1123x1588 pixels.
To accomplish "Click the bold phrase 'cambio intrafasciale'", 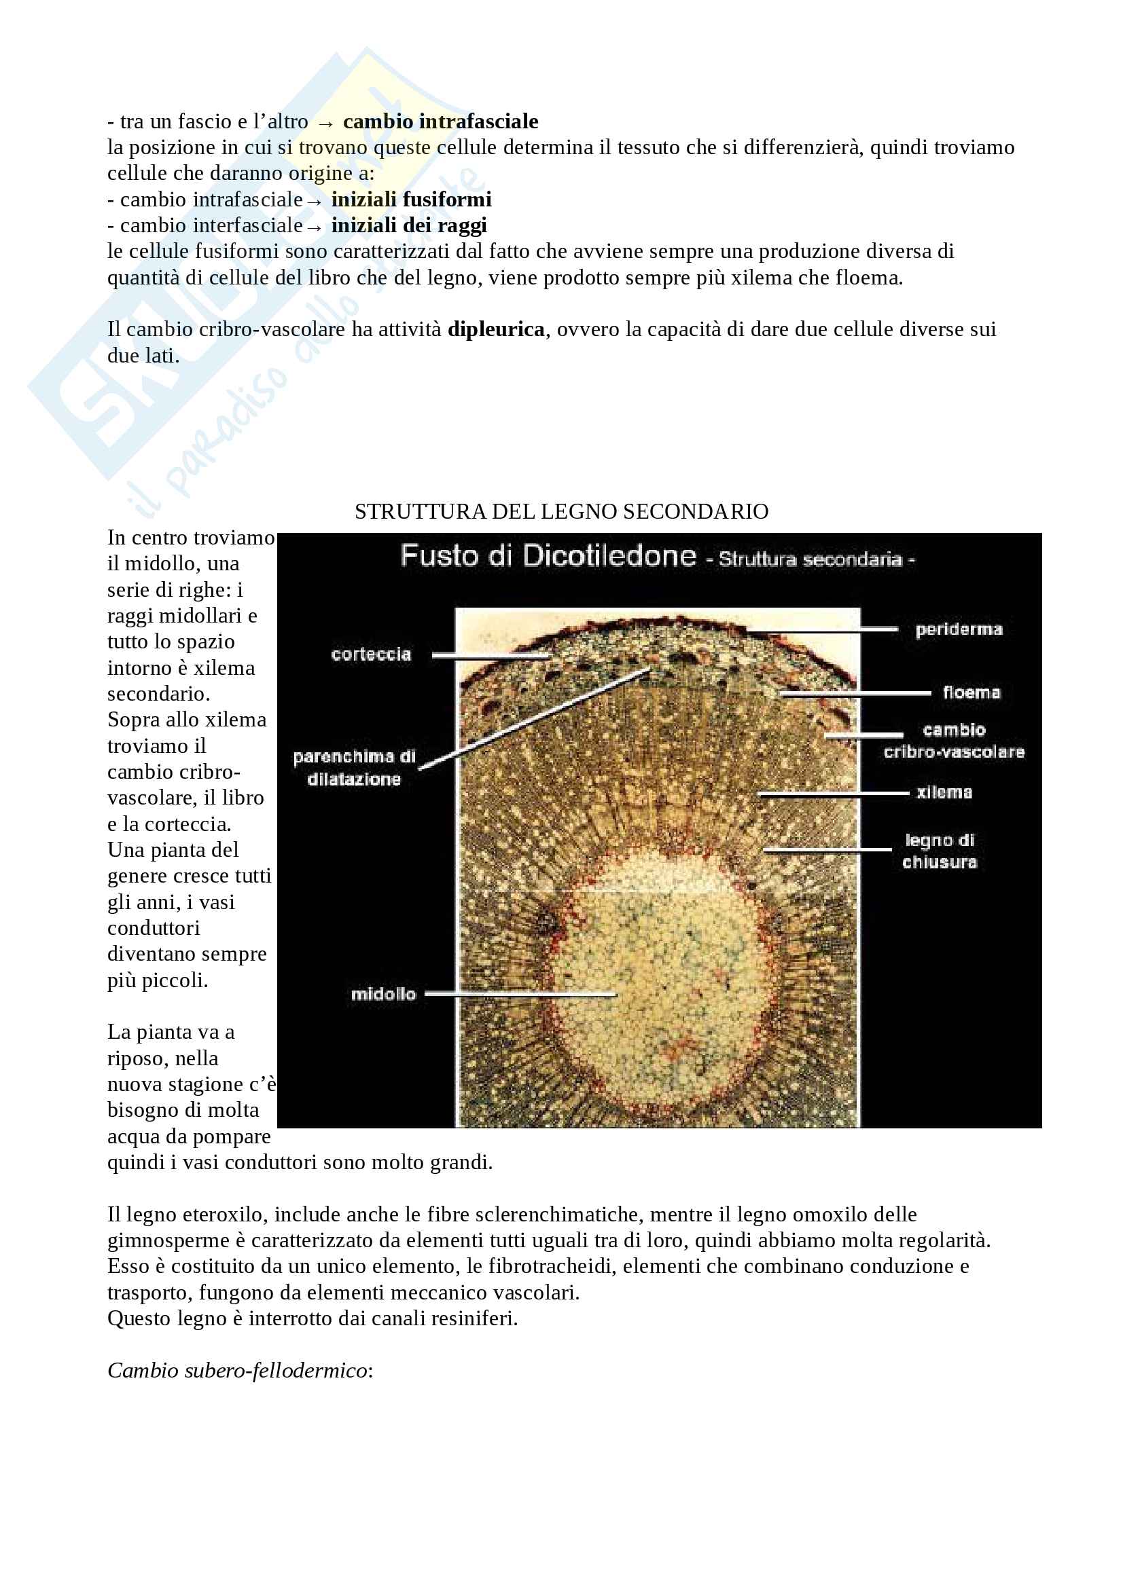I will point(440,122).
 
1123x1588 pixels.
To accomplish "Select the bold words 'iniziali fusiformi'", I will point(411,200).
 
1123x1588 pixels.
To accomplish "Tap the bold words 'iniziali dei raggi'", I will point(409,225).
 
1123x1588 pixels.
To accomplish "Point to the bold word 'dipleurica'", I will point(496,329).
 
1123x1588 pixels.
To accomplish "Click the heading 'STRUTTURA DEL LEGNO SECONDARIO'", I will point(561,511).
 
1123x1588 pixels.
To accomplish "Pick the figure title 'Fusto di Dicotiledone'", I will point(548,556).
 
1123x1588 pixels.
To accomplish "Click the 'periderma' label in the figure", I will point(959,629).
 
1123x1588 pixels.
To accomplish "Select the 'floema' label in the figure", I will point(971,693).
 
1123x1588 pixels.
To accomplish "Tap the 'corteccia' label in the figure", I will point(371,654).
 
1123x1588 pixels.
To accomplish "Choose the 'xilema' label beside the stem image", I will point(944,792).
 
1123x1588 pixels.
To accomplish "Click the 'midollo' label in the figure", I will point(383,994).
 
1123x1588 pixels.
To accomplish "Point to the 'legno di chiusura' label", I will point(939,851).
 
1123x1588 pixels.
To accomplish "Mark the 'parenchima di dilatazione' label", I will point(354,768).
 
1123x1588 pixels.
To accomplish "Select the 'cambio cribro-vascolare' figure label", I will point(953,741).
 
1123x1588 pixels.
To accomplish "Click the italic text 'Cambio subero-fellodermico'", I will point(237,1370).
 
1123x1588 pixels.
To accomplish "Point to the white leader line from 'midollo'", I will point(519,995).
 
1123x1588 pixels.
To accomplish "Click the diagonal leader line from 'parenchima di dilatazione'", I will point(533,719).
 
